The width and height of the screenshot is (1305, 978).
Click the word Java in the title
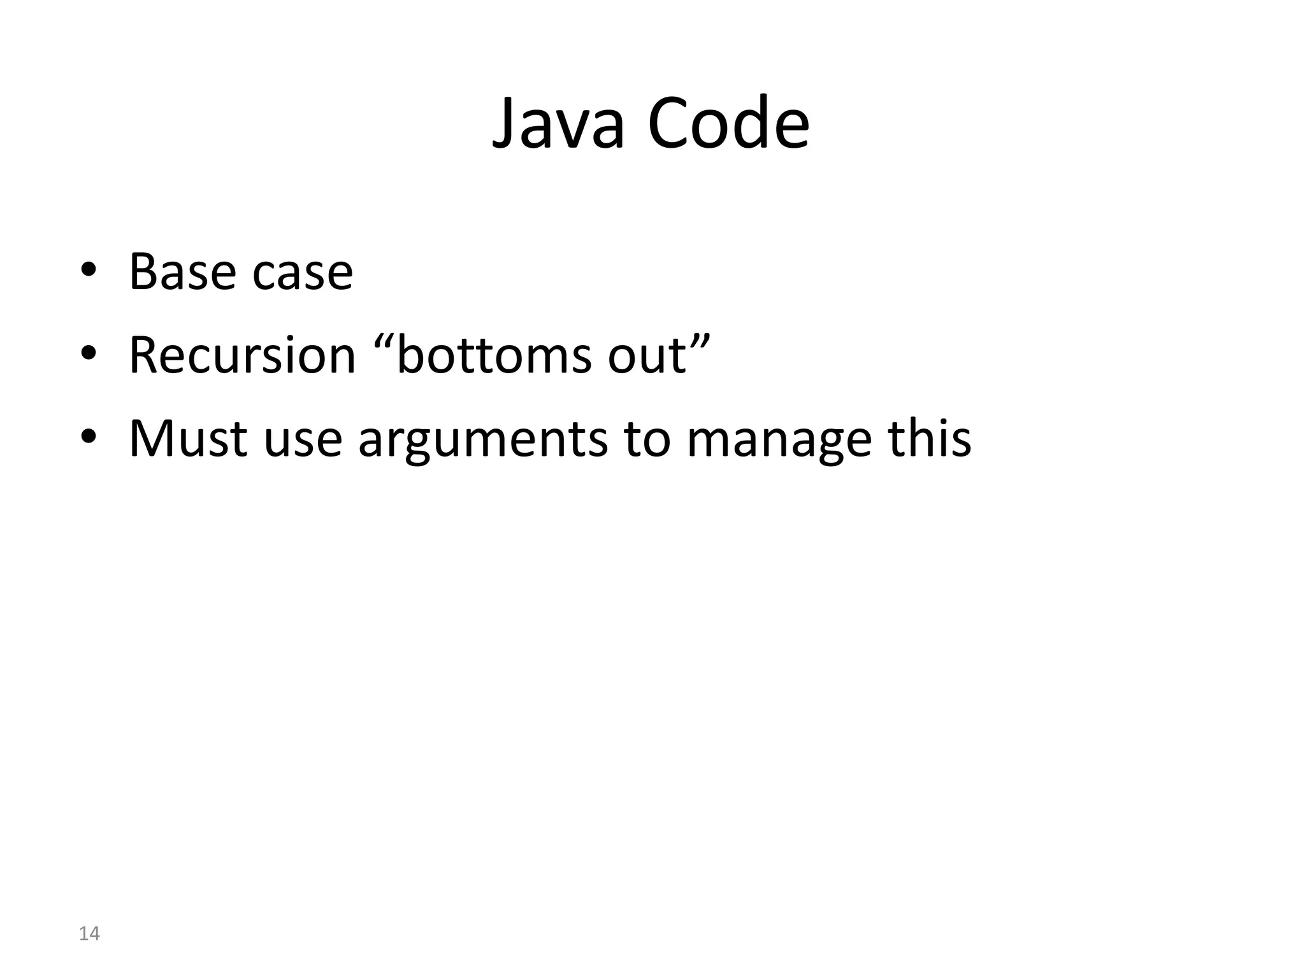[x=558, y=124]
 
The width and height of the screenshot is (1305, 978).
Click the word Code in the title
[x=728, y=124]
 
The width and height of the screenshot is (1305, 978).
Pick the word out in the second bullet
[x=647, y=357]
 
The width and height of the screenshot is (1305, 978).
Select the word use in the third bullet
[x=303, y=441]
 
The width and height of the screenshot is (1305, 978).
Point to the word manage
[x=779, y=441]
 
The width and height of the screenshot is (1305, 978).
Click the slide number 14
[x=89, y=934]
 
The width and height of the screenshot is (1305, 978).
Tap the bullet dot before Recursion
[x=89, y=356]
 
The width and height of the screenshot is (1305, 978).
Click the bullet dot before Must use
[x=89, y=439]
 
